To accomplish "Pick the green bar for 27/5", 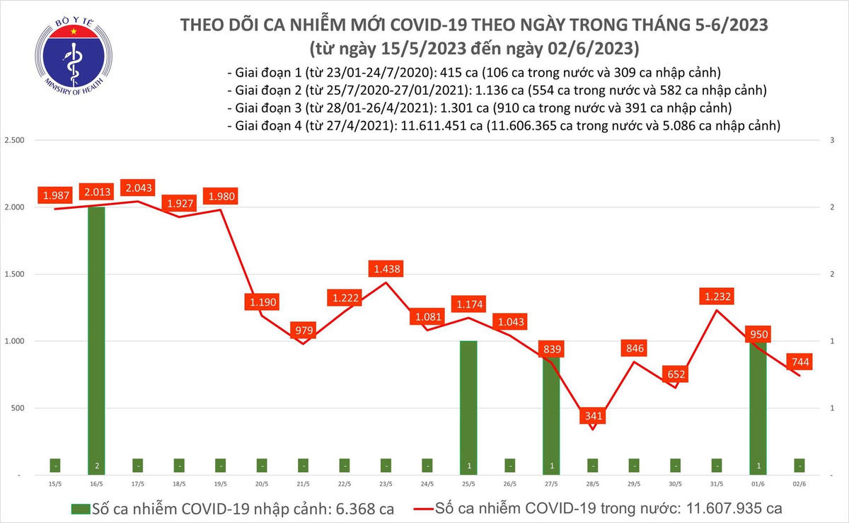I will (551, 410).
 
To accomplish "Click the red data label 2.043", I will (137, 188).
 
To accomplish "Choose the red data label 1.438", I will (385, 269).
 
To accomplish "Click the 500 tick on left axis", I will (18, 408).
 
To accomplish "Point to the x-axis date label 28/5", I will (592, 485).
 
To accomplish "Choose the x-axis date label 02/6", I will (798, 485).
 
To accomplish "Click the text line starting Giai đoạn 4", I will (503, 126).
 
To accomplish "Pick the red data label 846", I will (634, 347).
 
